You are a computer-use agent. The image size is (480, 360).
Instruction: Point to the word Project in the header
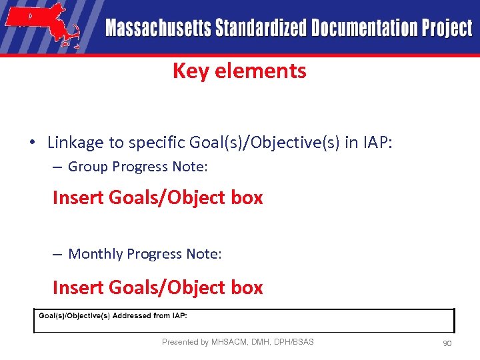[447, 29]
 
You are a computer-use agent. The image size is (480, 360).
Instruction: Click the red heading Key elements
[239, 71]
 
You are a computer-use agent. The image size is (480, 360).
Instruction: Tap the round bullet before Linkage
[32, 143]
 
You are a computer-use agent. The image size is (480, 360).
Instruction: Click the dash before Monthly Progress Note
[57, 254]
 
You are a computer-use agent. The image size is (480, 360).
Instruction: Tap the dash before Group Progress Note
[57, 167]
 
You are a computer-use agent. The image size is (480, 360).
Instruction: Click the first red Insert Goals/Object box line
[157, 197]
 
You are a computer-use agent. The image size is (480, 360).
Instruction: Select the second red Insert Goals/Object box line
[157, 287]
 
